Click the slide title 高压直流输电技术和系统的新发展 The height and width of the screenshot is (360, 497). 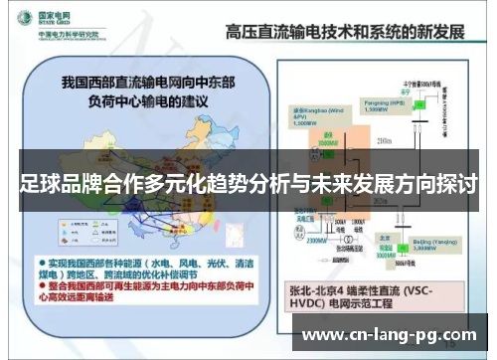click(x=345, y=31)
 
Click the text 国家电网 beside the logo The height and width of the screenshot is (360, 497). click(x=58, y=14)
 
